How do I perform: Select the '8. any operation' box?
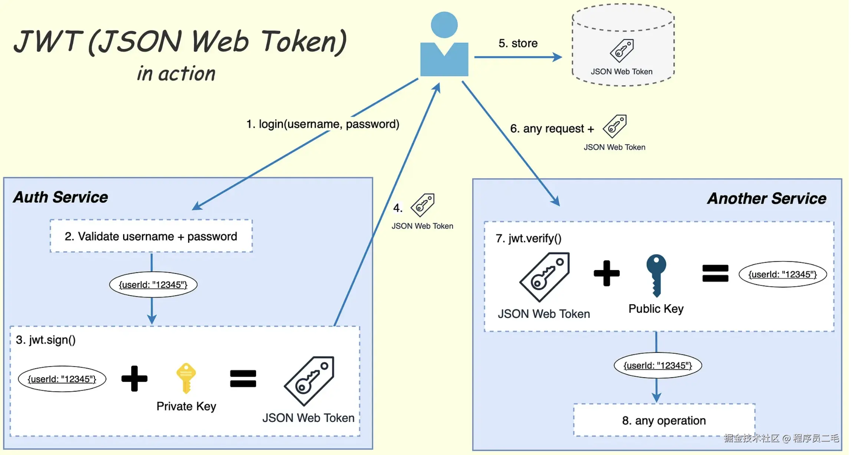tap(664, 421)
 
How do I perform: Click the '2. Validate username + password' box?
tap(151, 236)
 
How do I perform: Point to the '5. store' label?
tap(518, 43)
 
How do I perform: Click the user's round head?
tap(444, 25)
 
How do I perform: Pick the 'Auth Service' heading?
tap(60, 197)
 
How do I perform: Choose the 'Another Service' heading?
tap(766, 199)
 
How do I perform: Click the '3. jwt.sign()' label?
tap(46, 340)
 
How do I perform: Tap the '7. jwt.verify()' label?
tap(528, 238)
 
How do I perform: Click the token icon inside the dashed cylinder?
tap(622, 51)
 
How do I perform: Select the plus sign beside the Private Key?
tap(134, 378)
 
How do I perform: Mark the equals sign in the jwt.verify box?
tap(715, 273)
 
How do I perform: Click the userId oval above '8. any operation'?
tap(658, 365)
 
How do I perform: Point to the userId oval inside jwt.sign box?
tap(62, 379)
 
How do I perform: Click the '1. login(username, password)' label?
tap(323, 124)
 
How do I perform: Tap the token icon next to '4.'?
tap(423, 205)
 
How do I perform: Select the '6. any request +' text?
tap(552, 129)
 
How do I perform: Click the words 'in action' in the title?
tap(176, 73)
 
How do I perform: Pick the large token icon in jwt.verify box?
tap(545, 277)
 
